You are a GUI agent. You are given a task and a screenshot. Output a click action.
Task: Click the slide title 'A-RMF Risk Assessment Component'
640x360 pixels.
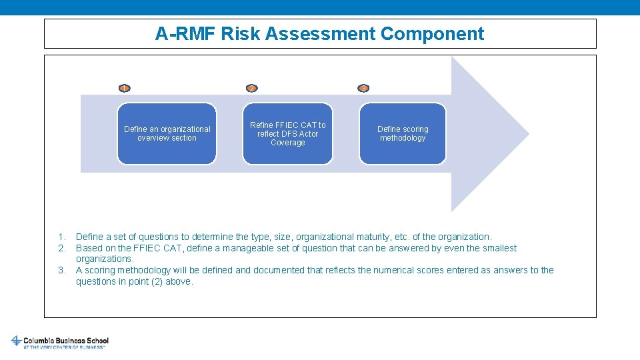click(319, 33)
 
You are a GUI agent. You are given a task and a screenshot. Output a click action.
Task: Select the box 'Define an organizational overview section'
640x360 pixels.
click(167, 133)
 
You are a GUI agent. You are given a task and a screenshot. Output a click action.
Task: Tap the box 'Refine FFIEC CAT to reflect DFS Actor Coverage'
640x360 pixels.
click(287, 133)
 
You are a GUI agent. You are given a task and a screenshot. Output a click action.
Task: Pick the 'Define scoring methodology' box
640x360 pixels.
click(403, 133)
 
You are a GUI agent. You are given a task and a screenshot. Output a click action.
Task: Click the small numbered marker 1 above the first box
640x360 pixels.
click(124, 88)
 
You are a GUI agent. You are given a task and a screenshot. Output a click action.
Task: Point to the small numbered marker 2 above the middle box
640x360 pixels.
click(251, 88)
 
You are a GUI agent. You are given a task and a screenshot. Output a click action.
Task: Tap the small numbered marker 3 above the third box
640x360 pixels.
click(363, 88)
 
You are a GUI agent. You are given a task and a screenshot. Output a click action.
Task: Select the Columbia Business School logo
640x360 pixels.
click(60, 341)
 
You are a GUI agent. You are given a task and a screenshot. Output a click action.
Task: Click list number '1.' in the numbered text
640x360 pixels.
click(61, 237)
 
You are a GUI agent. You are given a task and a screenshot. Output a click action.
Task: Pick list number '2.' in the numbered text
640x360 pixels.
click(61, 248)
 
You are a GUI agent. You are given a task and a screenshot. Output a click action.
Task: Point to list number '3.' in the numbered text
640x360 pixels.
click(61, 270)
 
